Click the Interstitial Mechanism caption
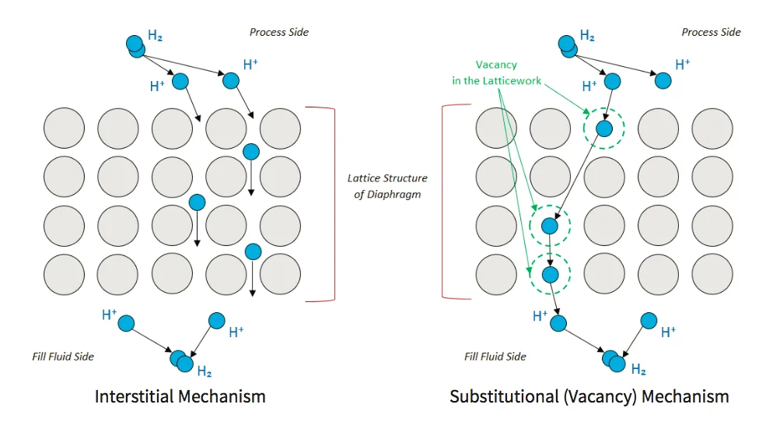180,396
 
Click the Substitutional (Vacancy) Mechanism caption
589,396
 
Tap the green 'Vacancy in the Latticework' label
497,72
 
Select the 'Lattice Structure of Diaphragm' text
387,186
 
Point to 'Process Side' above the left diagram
278,32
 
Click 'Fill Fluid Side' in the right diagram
495,356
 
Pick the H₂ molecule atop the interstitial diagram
135,46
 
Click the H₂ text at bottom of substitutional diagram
638,369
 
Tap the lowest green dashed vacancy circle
550,274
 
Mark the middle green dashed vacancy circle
550,227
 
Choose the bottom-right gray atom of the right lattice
712,274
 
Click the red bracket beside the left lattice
333,202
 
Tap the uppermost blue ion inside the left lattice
251,151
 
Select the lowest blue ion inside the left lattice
253,251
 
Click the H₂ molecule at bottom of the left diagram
181,360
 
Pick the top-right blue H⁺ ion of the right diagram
663,80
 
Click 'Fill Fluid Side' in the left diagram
62,356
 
